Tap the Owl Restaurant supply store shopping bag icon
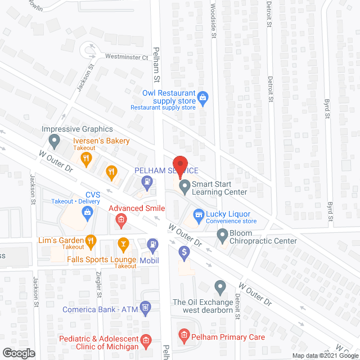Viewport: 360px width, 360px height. click(204, 99)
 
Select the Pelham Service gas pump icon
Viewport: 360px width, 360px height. click(147, 181)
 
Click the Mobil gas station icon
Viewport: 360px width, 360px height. click(152, 244)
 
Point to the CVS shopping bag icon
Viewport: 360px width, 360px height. click(88, 212)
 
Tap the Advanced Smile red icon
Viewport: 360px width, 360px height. click(120, 222)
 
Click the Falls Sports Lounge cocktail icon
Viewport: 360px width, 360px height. click(123, 244)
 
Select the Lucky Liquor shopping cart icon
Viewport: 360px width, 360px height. click(197, 214)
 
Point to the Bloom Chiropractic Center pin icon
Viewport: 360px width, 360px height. click(222, 234)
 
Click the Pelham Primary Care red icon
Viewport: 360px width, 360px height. click(183, 337)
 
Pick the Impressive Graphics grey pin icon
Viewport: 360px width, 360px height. click(54, 139)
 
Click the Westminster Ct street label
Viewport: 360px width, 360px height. click(126, 57)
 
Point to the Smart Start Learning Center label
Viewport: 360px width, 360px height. click(219, 188)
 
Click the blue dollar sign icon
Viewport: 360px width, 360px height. click(183, 253)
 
